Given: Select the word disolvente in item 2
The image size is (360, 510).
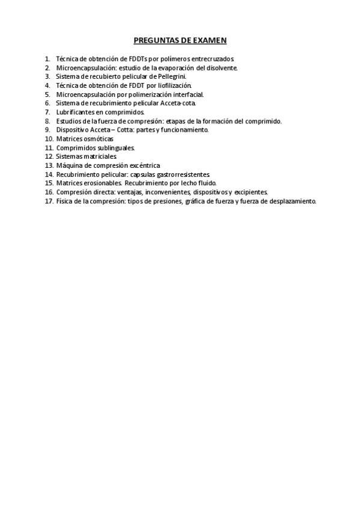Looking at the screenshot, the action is [x=221, y=68].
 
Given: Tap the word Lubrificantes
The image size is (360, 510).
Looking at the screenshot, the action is [x=78, y=112].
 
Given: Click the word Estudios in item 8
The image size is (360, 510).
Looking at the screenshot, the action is [x=69, y=121].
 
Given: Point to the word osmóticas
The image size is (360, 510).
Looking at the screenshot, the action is [x=99, y=138].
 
